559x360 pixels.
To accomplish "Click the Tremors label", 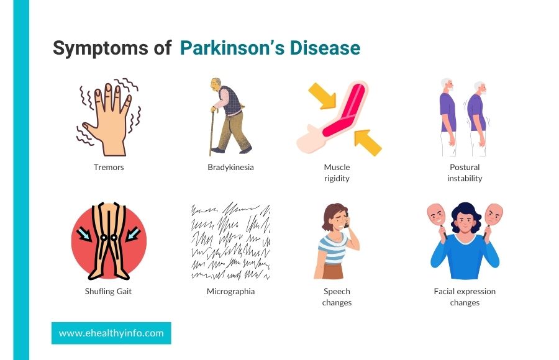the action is point(109,167).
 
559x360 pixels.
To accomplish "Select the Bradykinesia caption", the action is point(230,167).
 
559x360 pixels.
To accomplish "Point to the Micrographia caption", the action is point(230,292).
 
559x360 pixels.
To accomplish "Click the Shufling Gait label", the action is point(108,292).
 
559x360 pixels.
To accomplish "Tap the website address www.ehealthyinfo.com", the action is point(111,333).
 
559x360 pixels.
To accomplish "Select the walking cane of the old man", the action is point(212,131).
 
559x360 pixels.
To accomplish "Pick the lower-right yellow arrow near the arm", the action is point(368,143).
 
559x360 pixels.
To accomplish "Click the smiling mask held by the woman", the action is point(437,215).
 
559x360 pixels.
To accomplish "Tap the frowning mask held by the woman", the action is point(494,215).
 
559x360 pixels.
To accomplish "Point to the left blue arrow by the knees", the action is point(84,235).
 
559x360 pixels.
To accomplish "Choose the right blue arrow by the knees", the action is point(134,235).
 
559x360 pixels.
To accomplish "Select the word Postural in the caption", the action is point(465,167).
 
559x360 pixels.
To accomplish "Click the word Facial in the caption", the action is point(444,291).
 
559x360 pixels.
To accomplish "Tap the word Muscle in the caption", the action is point(337,167).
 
